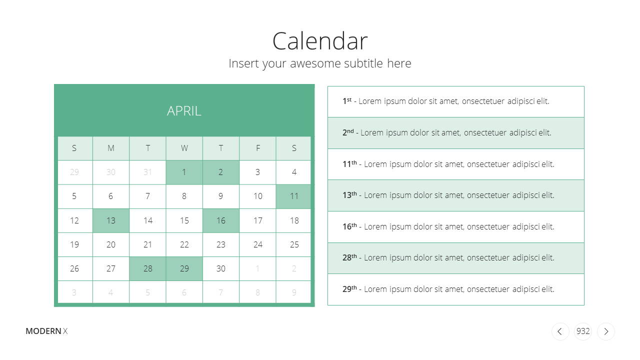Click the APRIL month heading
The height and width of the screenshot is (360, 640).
pos(184,111)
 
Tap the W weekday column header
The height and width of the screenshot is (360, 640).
pos(184,148)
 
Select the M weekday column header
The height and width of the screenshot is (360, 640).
pos(111,148)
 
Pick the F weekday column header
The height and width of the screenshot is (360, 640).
pos(257,148)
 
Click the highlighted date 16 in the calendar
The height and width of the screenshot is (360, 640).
pos(221,220)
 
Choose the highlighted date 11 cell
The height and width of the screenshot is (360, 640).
pos(293,196)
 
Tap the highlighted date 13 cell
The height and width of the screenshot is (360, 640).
pos(111,220)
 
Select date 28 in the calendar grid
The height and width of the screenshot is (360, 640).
pos(147,268)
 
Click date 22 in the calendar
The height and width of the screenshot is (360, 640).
pos(184,244)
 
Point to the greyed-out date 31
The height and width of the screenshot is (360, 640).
pos(147,172)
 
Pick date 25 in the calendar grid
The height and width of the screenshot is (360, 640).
pos(293,244)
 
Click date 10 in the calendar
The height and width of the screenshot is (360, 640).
pos(257,196)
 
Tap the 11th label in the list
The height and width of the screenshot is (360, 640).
pos(349,163)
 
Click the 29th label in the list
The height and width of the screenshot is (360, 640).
pos(349,289)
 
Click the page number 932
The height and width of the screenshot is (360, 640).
pos(583,331)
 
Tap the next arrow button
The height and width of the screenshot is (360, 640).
pos(606,331)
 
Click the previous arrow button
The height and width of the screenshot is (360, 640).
pos(560,331)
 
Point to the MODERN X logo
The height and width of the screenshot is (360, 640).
pos(46,331)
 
